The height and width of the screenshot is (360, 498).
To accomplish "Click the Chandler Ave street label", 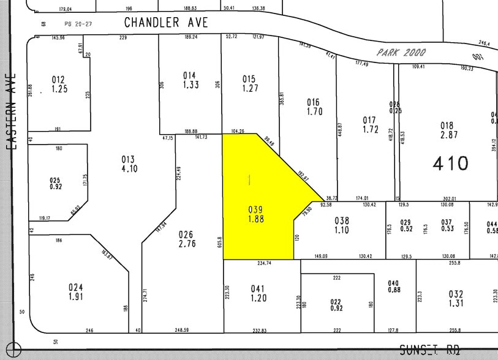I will tap(166, 23).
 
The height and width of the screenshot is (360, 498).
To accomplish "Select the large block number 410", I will tap(450, 163).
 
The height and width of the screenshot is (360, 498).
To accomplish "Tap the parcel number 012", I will tap(58, 80).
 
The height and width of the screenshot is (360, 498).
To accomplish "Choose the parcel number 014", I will tap(190, 75).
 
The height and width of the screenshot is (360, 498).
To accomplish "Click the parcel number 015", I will tap(249, 78).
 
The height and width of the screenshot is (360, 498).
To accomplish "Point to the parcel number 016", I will tap(313, 102).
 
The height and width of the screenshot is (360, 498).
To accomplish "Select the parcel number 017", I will tap(369, 119).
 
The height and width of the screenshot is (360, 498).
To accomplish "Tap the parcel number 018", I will tap(447, 125).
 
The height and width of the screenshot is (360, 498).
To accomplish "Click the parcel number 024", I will tap(76, 287).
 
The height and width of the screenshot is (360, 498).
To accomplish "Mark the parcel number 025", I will tap(56, 180).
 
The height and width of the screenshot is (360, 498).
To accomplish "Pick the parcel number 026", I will tap(186, 234).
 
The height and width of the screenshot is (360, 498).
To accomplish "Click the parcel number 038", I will tap(341, 220).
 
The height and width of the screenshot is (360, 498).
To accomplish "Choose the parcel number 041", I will tap(258, 288).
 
